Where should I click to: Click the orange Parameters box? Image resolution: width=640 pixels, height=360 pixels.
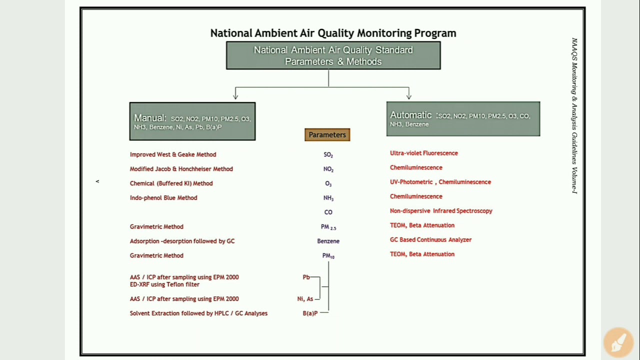(x=327, y=135)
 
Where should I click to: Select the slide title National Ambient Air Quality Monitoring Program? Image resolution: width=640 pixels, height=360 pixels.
(x=333, y=33)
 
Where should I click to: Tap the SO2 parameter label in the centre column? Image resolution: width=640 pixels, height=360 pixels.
(x=328, y=155)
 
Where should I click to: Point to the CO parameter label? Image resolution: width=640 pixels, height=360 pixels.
(x=328, y=212)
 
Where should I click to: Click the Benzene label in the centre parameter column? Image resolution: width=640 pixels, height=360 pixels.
(x=328, y=241)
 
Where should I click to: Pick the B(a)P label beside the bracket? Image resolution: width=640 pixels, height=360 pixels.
(x=310, y=313)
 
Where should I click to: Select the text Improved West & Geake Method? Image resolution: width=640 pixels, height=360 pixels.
(x=173, y=154)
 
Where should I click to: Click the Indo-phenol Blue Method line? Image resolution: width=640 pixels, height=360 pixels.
(x=163, y=197)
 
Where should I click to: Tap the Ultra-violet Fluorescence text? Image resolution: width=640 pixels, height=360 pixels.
(x=424, y=153)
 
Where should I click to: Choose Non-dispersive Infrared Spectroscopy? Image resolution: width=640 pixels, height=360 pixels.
(x=441, y=210)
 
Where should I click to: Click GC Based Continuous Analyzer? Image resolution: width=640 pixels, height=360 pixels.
(x=430, y=239)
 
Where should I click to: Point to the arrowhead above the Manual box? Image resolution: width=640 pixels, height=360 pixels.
(x=235, y=95)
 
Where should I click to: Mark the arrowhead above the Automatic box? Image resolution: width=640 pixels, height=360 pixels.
(x=409, y=95)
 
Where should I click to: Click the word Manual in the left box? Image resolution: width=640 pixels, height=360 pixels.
(x=149, y=118)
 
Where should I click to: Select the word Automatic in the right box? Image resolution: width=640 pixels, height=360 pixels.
(x=410, y=115)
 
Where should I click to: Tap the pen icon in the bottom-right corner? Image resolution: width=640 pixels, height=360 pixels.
(x=618, y=341)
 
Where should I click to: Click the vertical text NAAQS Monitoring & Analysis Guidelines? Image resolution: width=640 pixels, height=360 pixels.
(x=574, y=115)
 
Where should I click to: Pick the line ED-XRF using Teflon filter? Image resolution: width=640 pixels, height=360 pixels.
(x=164, y=284)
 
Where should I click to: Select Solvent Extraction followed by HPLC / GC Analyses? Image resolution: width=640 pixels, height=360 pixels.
(x=198, y=313)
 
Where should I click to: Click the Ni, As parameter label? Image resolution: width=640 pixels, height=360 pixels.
(x=305, y=298)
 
